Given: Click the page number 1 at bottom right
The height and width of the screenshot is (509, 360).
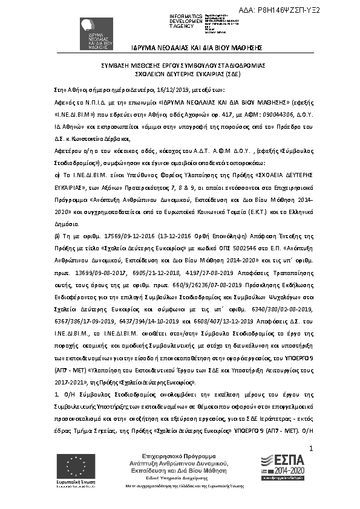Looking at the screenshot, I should point(310,449).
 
